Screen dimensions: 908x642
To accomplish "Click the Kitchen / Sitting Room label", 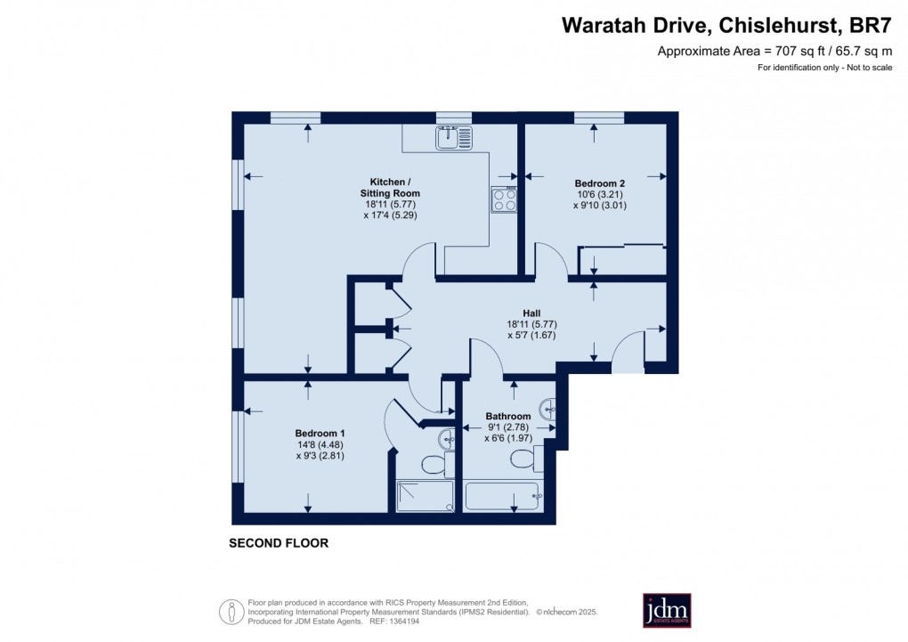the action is tap(390, 188).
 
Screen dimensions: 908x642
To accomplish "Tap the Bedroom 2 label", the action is tap(599, 183).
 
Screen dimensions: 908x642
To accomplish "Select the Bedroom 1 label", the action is tap(320, 434).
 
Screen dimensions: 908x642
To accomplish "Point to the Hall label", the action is tap(531, 313).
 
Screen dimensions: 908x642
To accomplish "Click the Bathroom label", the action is tap(507, 416).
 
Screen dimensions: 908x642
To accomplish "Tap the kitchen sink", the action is tap(454, 138).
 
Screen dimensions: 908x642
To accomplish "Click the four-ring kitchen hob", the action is tap(504, 199).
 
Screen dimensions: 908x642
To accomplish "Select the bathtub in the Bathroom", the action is tap(504, 497).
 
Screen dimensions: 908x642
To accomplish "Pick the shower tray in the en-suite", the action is tap(425, 496).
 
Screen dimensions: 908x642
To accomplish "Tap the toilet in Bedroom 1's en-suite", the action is tap(437, 464).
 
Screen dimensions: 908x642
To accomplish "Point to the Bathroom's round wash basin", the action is tap(547, 409).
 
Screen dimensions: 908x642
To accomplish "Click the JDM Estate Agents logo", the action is tap(667, 610).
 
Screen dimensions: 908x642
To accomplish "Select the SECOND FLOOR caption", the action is tap(279, 543).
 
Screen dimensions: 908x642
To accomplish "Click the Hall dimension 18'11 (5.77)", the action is tap(531, 324).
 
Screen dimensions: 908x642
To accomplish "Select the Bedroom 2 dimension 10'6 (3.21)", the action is tap(600, 194).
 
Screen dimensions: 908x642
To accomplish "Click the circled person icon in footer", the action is tap(231, 612).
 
